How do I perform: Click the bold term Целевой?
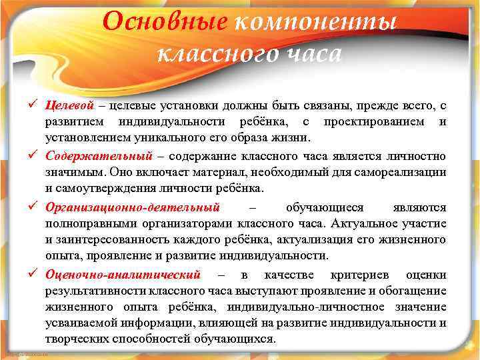70,106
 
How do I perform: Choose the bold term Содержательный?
99,157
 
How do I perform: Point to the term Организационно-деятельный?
133,207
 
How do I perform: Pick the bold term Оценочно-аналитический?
123,274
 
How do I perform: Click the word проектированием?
373,123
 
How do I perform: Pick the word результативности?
91,291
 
